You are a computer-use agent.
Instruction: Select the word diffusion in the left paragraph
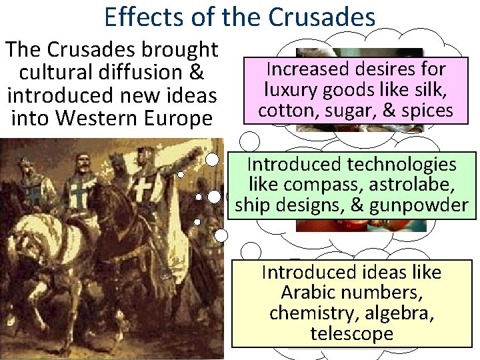[x=149, y=72]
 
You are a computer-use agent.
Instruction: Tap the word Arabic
[x=310, y=293]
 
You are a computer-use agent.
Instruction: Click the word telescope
[x=351, y=334]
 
